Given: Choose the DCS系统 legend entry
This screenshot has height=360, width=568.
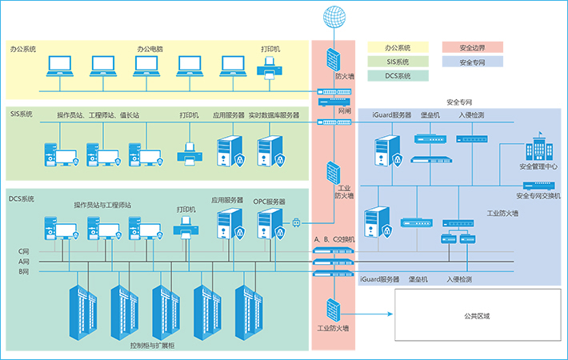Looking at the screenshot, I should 398,77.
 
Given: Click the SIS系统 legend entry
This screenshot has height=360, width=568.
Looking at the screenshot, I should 398,62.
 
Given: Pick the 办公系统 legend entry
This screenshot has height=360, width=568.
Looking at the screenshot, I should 398,46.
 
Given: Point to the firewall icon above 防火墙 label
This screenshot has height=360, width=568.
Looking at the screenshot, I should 333,58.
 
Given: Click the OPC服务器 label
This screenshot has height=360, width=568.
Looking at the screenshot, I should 269,202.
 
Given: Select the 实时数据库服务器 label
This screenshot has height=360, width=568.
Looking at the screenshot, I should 274,115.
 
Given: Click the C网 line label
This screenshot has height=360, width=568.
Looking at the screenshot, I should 24,251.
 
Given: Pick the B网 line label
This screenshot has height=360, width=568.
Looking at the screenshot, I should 24,272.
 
